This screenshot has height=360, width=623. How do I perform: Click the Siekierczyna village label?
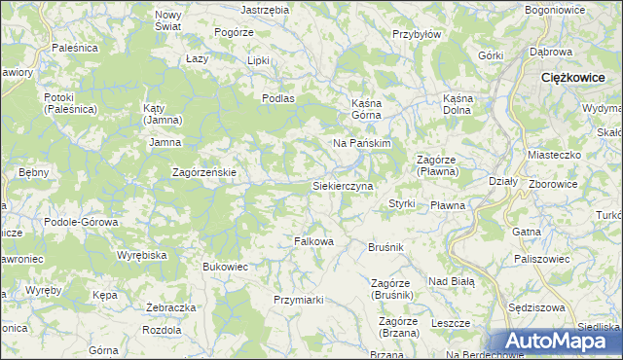point(342,185)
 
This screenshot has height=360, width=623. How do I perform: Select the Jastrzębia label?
point(265,9)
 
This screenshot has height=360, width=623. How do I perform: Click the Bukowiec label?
point(226,266)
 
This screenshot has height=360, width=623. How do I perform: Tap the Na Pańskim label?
point(362,143)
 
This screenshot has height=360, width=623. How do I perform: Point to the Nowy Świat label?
point(168,20)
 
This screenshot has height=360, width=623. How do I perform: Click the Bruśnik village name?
point(385,248)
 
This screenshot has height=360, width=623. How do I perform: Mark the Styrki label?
point(402,204)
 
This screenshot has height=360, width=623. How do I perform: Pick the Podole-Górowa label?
point(82,222)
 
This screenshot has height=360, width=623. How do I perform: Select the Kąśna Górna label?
point(369,107)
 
